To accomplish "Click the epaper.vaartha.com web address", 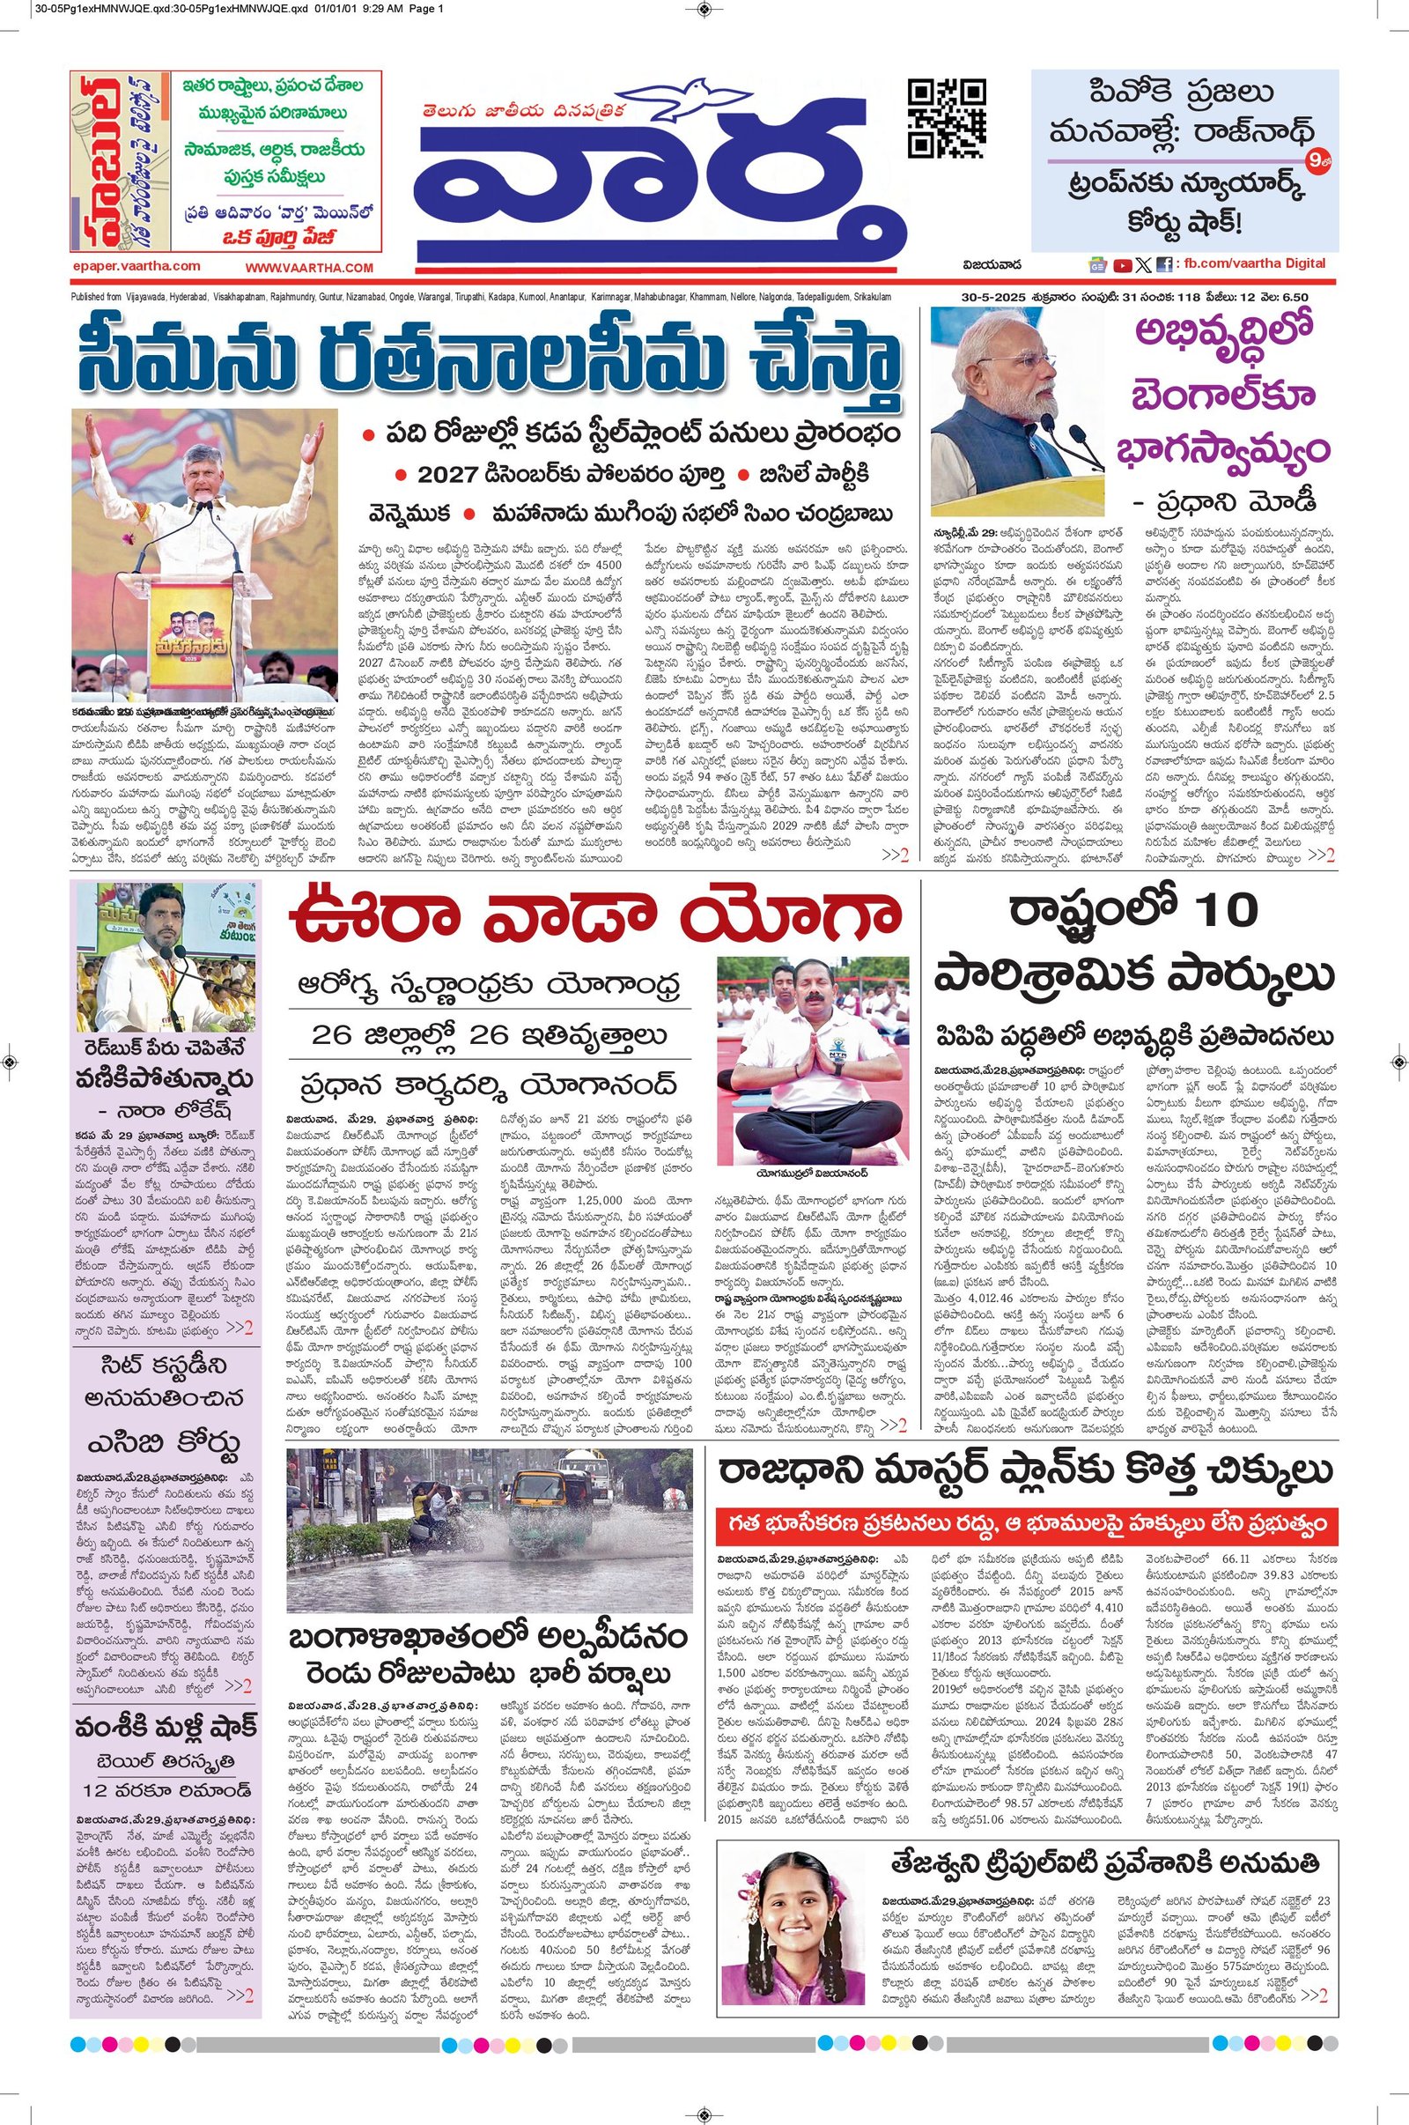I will (136, 266).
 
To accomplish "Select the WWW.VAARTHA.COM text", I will (308, 268).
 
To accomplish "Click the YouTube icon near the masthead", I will (1122, 265).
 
